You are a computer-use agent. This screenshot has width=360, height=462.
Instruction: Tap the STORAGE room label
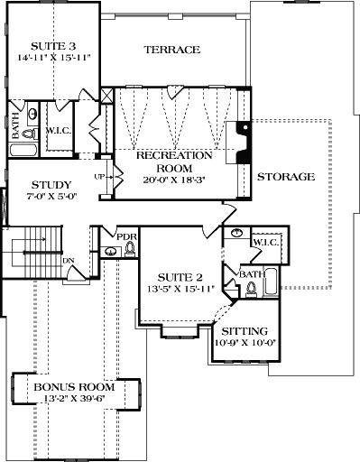pos(285,177)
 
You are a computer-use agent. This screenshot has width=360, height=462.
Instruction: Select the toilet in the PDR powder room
pos(129,248)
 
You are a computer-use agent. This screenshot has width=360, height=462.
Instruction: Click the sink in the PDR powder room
pos(111,251)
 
